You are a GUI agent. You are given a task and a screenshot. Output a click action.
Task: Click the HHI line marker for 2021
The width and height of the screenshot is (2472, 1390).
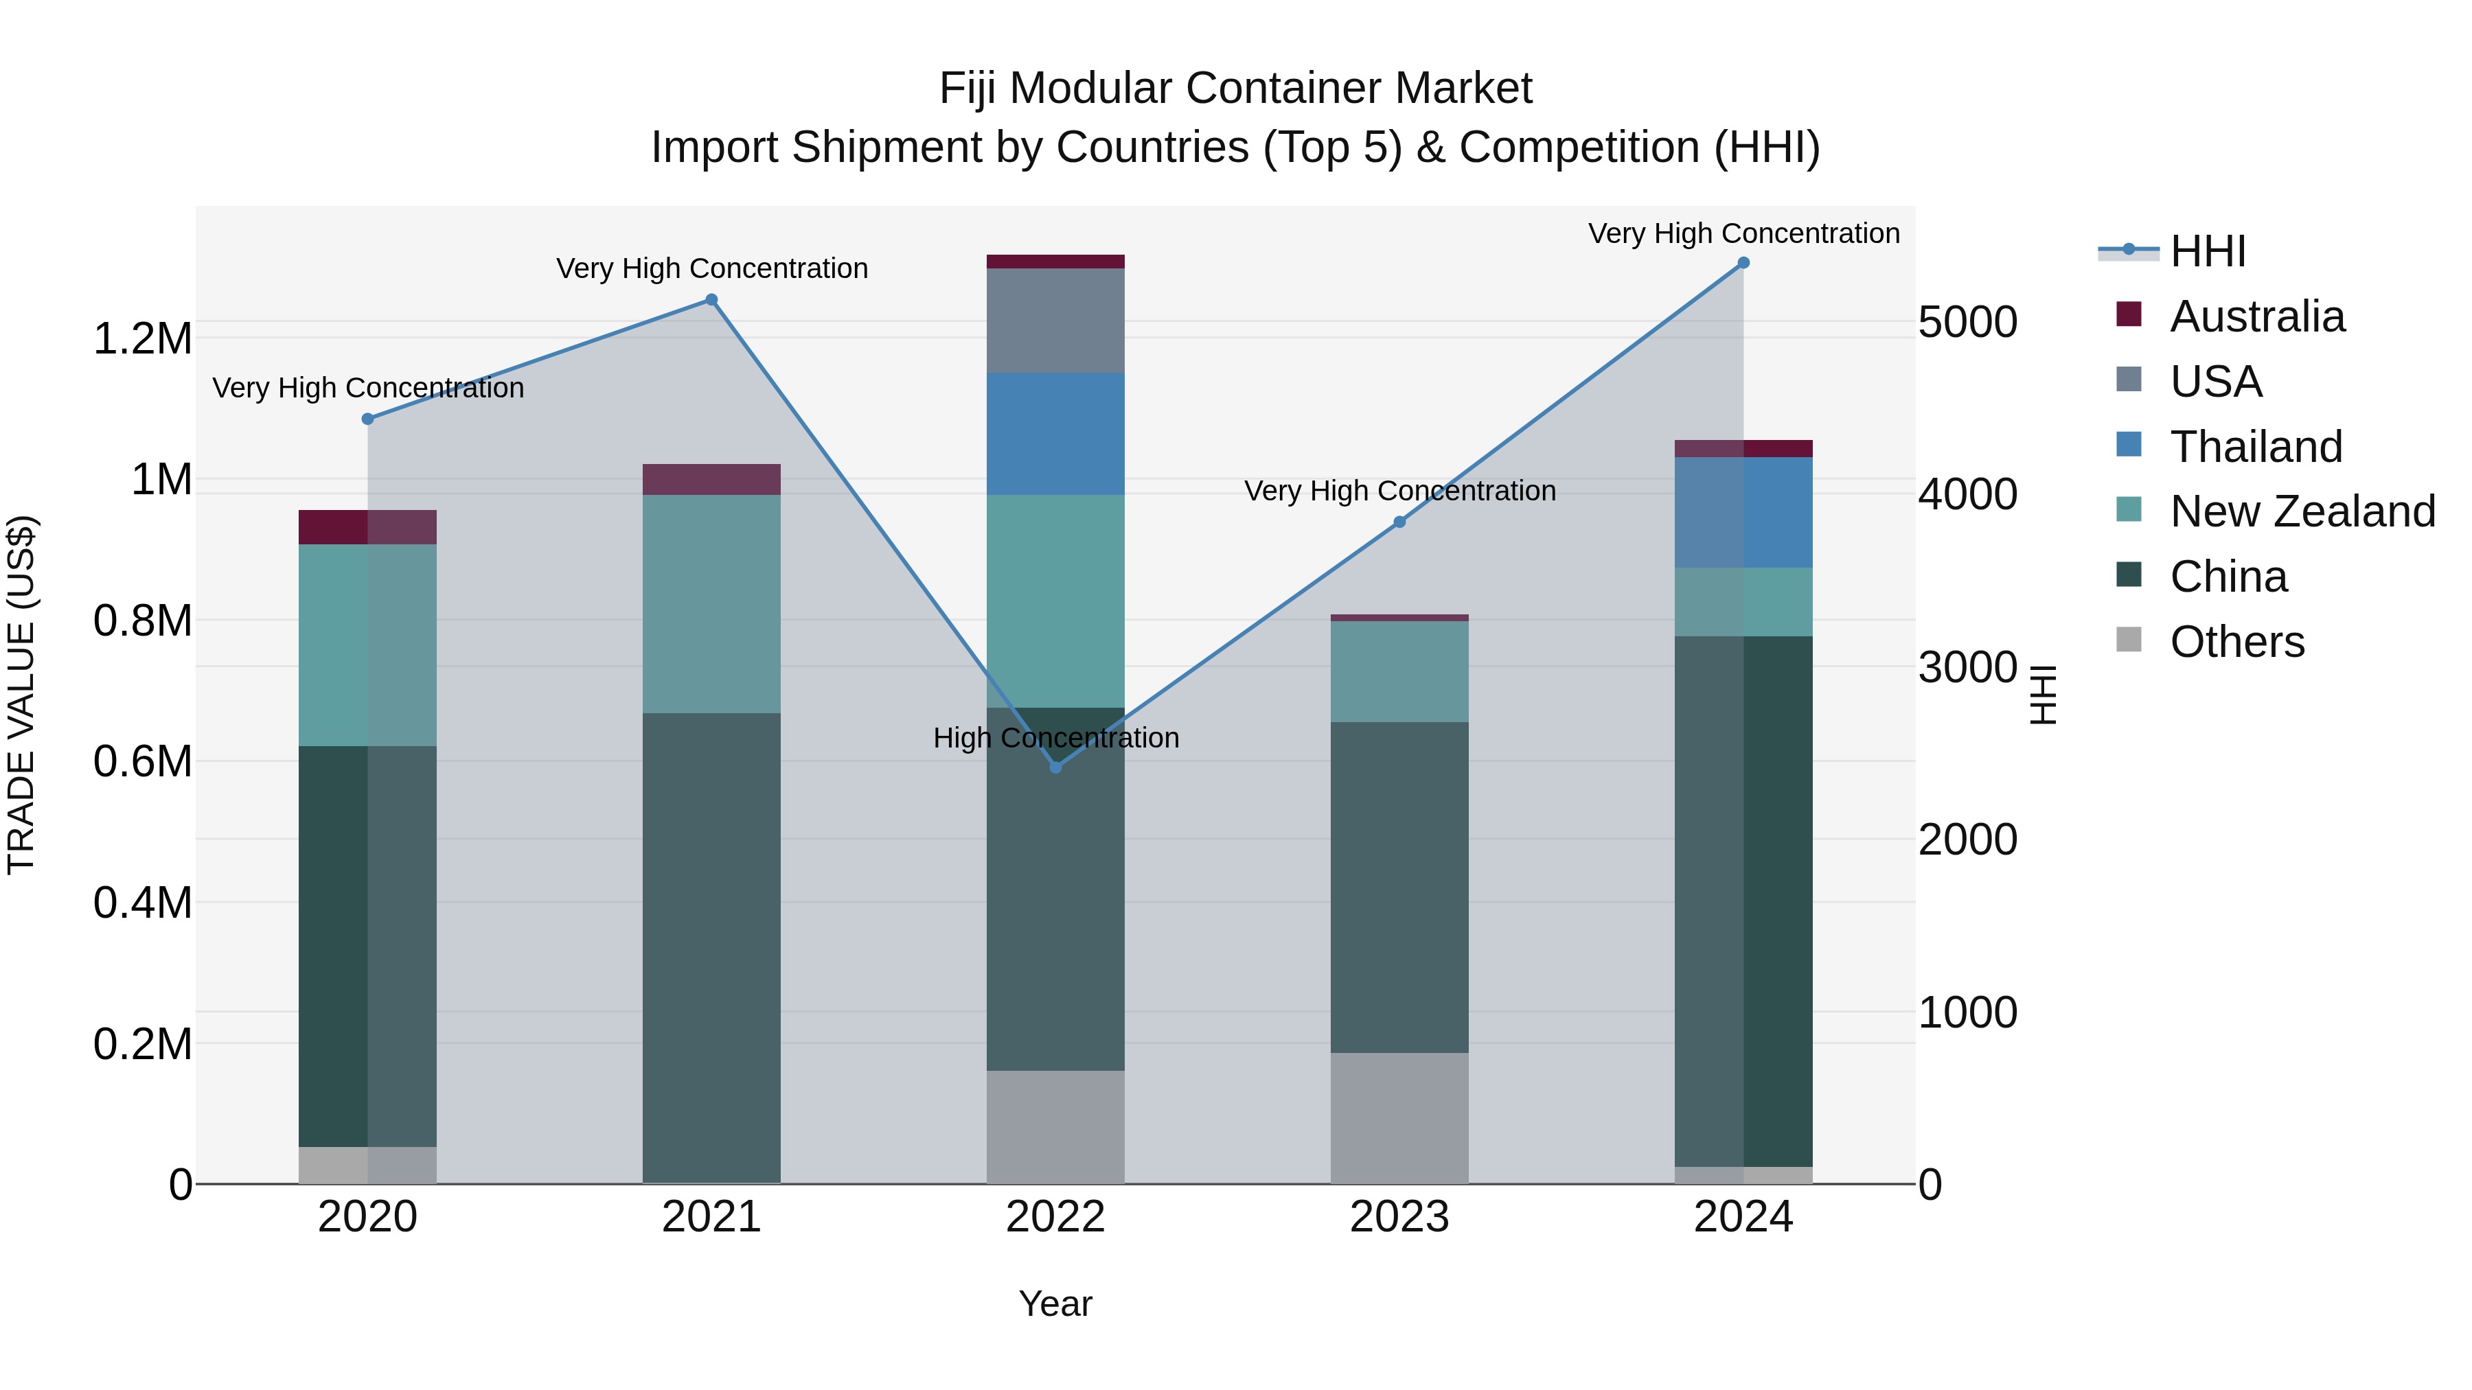click(x=711, y=299)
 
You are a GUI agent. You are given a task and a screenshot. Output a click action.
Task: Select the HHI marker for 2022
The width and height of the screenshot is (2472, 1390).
click(x=1055, y=767)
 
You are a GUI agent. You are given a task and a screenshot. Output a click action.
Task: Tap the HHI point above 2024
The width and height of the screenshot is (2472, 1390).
click(x=1743, y=263)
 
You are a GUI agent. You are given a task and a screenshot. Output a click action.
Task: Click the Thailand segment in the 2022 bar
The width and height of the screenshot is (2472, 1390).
click(x=1055, y=434)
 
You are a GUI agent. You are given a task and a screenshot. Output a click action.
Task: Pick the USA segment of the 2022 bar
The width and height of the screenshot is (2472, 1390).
click(x=1055, y=321)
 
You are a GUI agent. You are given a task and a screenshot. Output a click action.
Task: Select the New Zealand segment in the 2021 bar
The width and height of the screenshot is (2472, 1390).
click(x=711, y=603)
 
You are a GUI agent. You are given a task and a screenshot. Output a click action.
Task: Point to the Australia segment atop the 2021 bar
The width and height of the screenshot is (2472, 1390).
click(x=711, y=480)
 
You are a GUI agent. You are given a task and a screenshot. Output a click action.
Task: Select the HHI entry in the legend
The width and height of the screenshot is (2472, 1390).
click(x=2207, y=251)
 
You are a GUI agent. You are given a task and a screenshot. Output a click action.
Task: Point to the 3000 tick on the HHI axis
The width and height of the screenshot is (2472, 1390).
click(x=1967, y=668)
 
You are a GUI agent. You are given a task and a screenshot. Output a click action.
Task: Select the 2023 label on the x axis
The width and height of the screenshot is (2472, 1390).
click(x=1399, y=1217)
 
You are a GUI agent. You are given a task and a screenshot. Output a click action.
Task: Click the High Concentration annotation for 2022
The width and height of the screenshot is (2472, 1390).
click(x=1055, y=738)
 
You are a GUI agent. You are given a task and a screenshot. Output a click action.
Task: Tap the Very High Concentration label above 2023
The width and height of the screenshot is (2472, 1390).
click(x=1399, y=491)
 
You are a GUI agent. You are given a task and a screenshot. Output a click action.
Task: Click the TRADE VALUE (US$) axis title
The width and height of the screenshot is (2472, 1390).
click(x=21, y=695)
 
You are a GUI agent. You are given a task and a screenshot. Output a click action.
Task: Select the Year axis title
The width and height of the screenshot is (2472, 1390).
click(x=1055, y=1304)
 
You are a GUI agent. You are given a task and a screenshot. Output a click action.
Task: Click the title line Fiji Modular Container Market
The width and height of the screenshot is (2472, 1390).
click(x=1235, y=89)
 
